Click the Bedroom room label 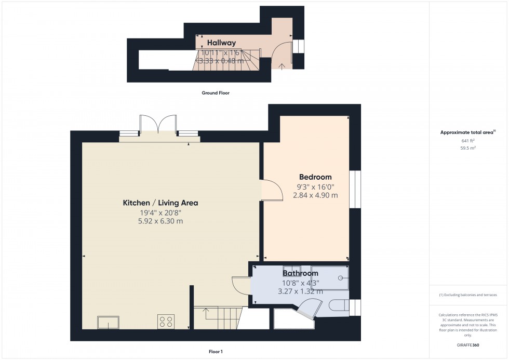[x=315, y=177]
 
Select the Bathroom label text [x=300, y=273]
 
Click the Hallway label [x=221, y=43]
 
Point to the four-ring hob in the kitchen [x=166, y=321]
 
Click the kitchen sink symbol [x=108, y=322]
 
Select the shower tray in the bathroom [x=330, y=277]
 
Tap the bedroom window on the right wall [x=355, y=190]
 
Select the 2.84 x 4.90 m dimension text [x=315, y=195]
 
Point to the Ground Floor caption [x=216, y=93]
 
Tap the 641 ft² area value [x=468, y=141]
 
